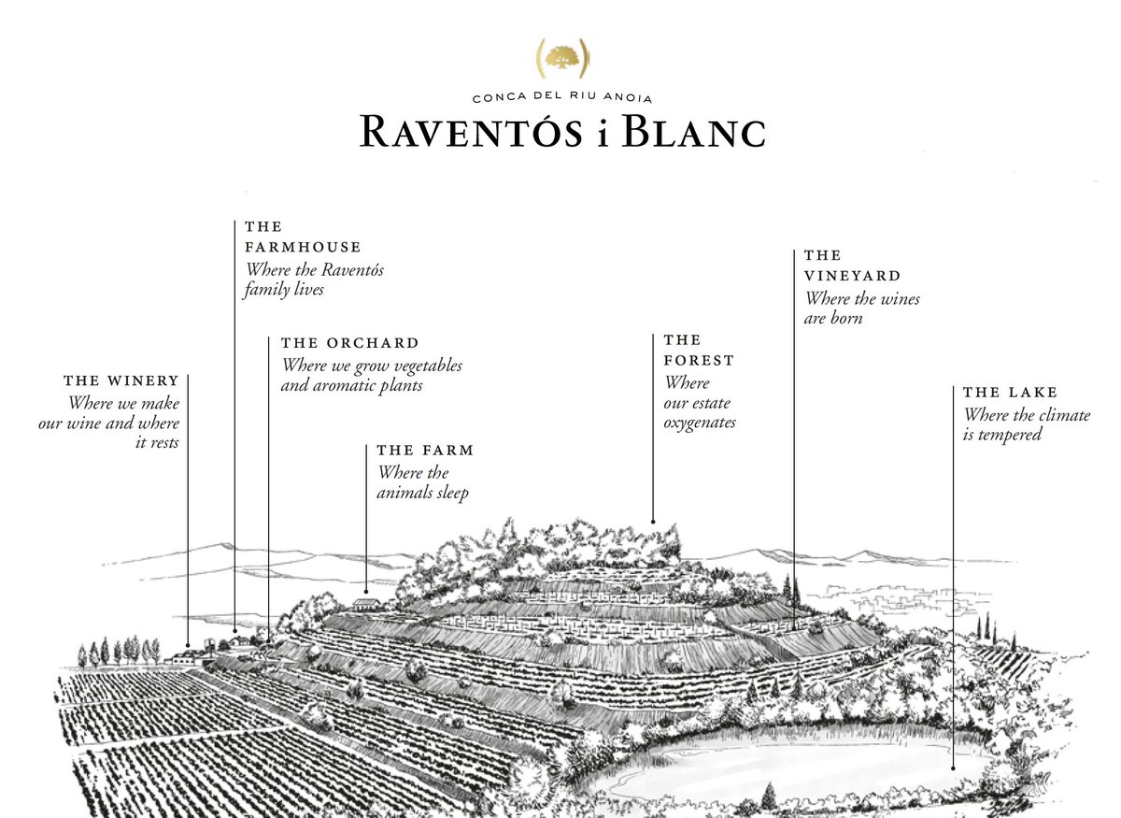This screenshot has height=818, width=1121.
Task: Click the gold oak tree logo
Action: [x=561, y=58]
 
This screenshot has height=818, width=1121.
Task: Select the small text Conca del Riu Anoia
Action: [x=562, y=98]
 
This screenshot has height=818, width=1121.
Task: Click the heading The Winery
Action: [x=121, y=381]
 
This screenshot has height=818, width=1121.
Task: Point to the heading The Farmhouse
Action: [x=302, y=237]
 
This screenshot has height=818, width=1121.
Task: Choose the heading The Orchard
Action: [x=349, y=343]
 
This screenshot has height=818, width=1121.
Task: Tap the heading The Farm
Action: [x=425, y=451]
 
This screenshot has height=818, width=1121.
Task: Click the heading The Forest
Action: [x=699, y=350]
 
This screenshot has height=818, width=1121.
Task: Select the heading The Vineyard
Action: [x=852, y=265]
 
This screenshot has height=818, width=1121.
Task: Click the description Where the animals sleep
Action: [x=422, y=482]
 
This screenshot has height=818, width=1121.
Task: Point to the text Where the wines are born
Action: [x=861, y=309]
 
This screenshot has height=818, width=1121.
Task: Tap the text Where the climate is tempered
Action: [x=1026, y=425]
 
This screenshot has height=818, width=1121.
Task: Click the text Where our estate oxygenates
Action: [x=699, y=403]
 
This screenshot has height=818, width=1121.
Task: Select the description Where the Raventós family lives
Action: [x=314, y=280]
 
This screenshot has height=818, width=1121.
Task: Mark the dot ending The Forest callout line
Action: [x=653, y=521]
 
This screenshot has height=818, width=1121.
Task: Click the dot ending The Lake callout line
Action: [x=953, y=768]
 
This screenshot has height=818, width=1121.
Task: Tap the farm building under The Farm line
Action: [x=366, y=604]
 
